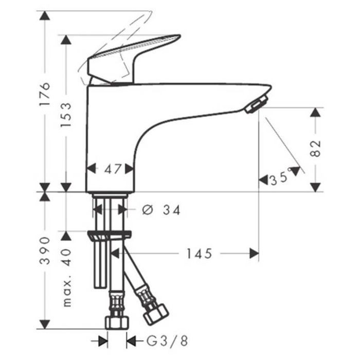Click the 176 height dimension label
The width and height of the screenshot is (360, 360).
tap(45, 94)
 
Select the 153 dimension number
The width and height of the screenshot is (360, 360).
tap(66, 115)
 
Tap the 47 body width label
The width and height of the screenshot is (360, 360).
tap(113, 169)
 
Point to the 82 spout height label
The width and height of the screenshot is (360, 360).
tap(315, 148)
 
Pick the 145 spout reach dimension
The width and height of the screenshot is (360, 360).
tap(200, 254)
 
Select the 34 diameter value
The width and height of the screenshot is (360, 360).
tap(172, 210)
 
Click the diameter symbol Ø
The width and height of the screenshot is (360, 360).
tap(148, 210)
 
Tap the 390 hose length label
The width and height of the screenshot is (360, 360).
tap(45, 251)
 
